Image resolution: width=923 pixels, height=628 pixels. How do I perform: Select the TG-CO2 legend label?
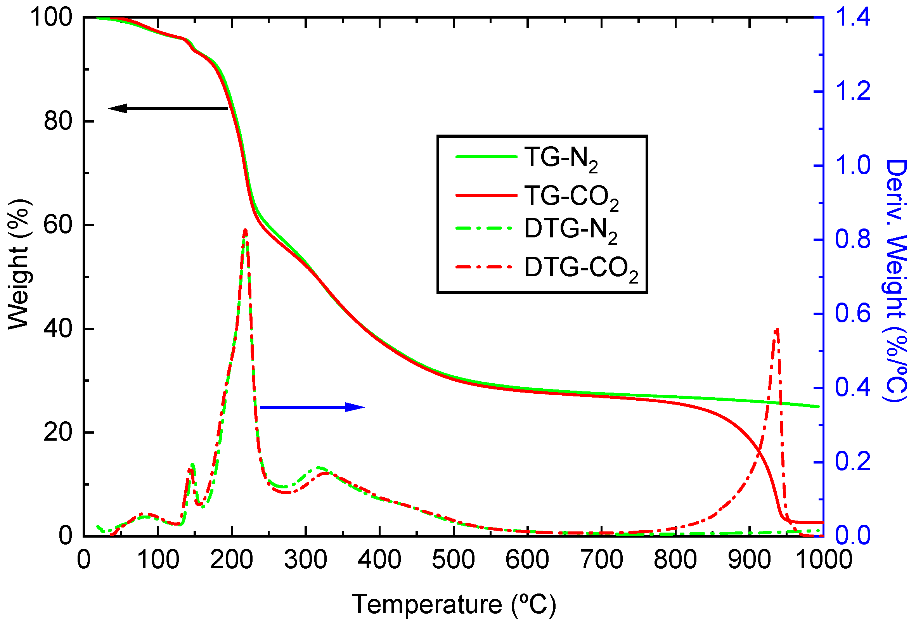(571, 197)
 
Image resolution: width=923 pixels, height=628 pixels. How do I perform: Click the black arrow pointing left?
(168, 108)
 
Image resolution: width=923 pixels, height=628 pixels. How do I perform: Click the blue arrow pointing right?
(312, 407)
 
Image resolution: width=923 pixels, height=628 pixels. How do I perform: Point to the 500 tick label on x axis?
(453, 560)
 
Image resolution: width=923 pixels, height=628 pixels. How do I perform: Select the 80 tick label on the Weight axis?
(58, 121)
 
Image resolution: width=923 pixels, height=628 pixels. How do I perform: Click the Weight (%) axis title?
(19, 264)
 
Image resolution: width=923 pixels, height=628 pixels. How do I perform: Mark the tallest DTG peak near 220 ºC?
(245, 230)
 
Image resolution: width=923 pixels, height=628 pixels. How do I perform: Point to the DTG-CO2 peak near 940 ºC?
(777, 329)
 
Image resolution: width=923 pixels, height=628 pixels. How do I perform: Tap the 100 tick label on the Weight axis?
(52, 17)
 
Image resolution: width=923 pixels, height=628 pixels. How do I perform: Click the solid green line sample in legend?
(486, 157)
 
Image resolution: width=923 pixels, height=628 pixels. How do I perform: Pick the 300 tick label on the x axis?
(305, 560)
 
